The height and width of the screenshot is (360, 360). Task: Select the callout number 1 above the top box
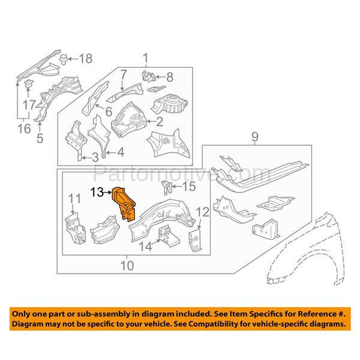point(145,58)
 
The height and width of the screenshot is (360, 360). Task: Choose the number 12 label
point(202,211)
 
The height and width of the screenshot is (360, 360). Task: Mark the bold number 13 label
point(97,193)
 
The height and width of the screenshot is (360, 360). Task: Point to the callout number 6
point(109,111)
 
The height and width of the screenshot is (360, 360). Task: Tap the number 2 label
point(159,122)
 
